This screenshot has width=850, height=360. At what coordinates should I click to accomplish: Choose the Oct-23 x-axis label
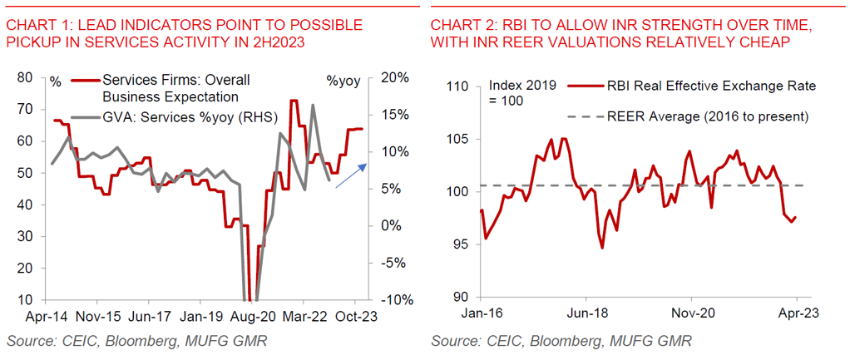[x=356, y=317]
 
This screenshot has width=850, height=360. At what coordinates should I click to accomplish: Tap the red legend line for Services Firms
[x=84, y=81]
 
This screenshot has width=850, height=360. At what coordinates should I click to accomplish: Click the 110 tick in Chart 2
[x=457, y=86]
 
